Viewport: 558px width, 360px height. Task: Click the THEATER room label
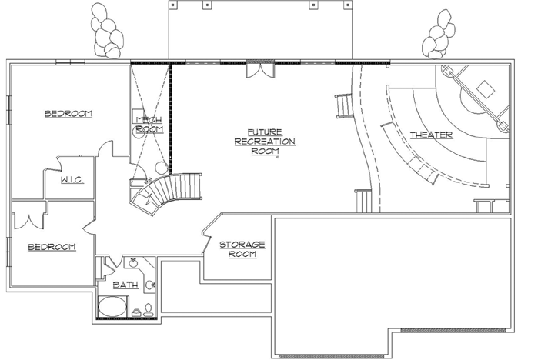point(431,135)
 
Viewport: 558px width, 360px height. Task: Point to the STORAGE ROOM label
point(242,249)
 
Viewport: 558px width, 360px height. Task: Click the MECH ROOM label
point(150,125)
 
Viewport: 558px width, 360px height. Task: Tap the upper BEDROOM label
point(68,114)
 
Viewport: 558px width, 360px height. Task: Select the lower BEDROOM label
point(52,247)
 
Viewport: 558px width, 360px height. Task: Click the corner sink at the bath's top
point(132,263)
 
